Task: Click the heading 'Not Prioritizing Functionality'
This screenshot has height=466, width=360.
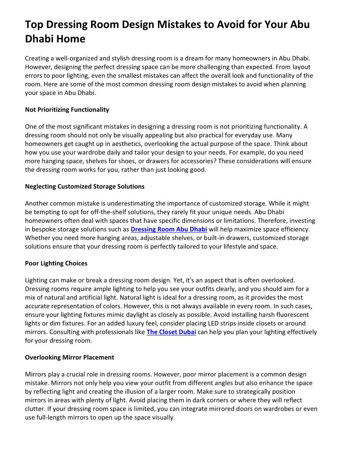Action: [x=67, y=109]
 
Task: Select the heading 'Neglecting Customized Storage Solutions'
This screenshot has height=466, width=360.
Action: [x=85, y=186]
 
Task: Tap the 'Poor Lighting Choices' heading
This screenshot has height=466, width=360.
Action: [x=56, y=263]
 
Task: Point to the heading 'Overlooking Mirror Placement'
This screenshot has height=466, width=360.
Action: [x=69, y=357]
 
